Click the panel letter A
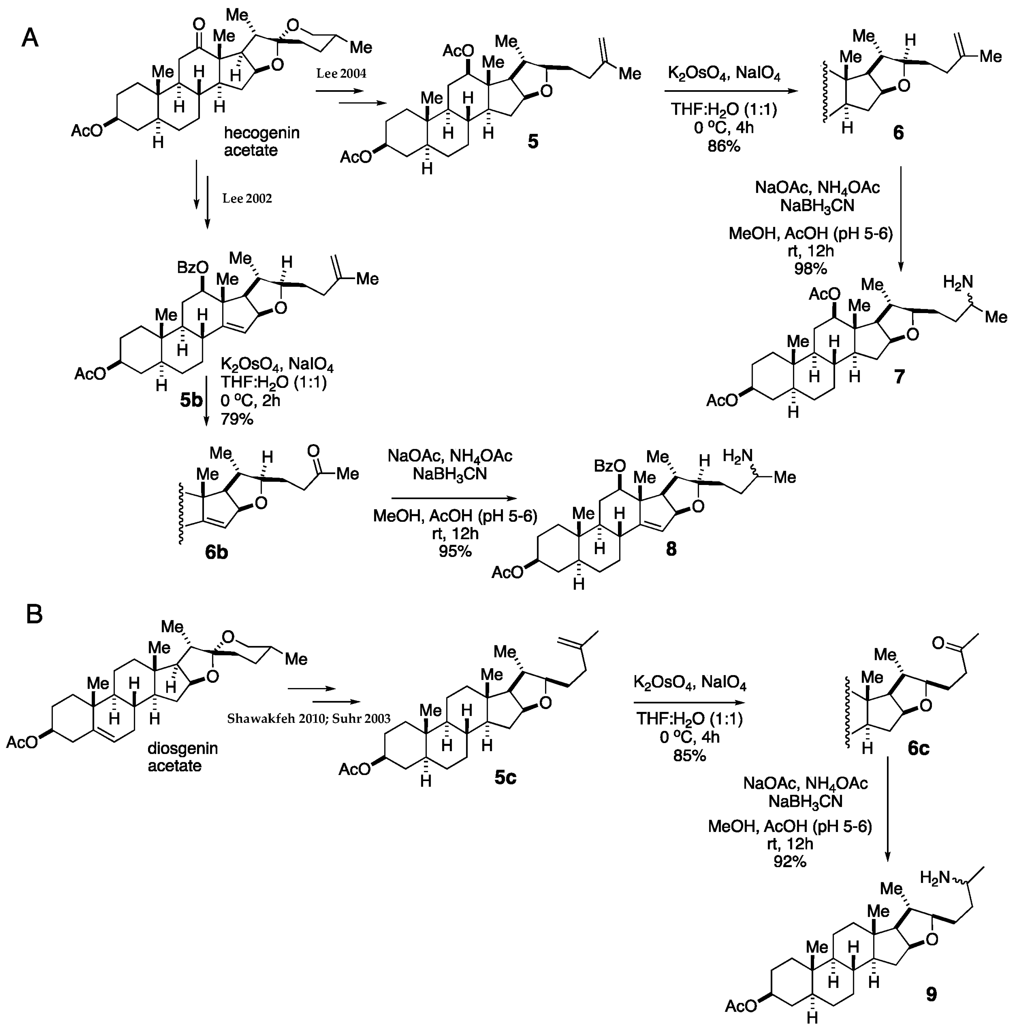pos(30,38)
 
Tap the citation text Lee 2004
pos(341,74)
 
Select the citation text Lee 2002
pos(247,198)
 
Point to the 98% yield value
pos(810,269)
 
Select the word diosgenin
pos(183,749)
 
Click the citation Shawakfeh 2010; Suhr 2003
pos(309,718)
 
